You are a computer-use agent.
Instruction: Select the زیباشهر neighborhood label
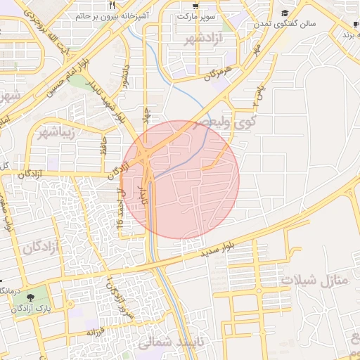click(53, 131)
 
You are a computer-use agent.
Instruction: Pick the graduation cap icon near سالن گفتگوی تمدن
click(284, 13)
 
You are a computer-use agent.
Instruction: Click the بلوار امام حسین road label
click(62, 70)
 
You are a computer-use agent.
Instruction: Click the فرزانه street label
click(96, 330)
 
